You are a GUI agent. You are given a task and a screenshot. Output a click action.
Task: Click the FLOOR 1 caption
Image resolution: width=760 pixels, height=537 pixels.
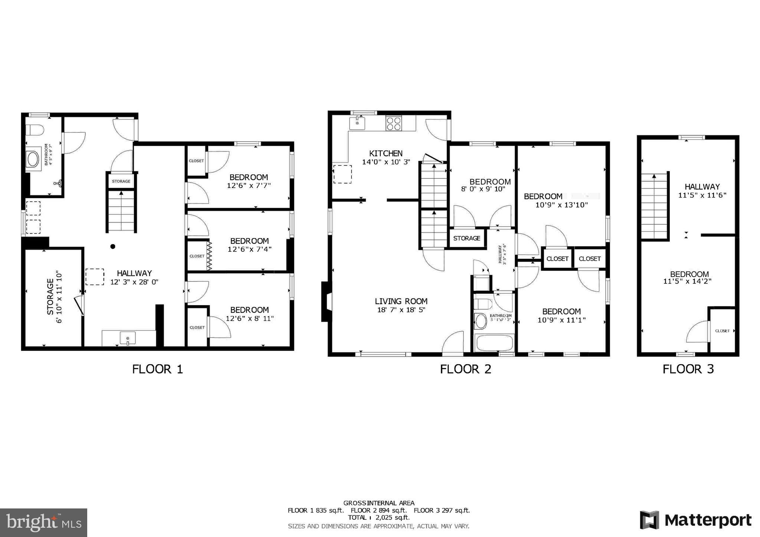tap(157, 369)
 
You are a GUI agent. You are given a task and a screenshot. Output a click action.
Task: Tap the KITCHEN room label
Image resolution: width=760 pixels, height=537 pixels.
tap(386, 154)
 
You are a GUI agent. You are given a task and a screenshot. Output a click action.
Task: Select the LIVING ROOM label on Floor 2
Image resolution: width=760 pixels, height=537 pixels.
tap(401, 302)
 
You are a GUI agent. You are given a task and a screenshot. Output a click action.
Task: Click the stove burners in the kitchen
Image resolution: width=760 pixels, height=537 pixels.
tap(393, 123)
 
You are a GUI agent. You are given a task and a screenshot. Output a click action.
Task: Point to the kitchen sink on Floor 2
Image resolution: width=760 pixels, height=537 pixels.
tap(357, 122)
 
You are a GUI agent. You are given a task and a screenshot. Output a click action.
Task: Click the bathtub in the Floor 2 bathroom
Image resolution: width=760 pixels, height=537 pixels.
tap(494, 343)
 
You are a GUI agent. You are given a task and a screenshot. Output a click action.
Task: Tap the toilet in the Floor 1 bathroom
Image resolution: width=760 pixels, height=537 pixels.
tap(35, 130)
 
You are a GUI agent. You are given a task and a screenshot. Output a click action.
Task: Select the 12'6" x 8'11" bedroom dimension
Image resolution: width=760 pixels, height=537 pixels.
tap(249, 318)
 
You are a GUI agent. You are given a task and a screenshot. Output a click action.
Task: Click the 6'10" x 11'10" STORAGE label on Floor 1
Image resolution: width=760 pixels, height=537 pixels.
tap(54, 297)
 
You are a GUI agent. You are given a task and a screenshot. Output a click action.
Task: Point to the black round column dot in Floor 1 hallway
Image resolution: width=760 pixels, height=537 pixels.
tap(113, 246)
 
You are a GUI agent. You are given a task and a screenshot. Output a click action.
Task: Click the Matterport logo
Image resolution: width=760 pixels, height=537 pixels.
tap(695, 520)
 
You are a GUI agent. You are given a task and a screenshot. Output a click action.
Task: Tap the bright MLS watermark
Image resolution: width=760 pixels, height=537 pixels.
tap(43, 523)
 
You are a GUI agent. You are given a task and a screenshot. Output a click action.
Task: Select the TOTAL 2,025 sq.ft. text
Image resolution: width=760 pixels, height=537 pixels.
tap(379, 517)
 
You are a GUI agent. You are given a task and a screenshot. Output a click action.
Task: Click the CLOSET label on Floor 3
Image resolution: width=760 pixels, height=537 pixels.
tap(722, 331)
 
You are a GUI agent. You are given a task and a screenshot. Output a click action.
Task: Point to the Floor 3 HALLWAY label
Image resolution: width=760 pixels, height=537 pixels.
tap(702, 187)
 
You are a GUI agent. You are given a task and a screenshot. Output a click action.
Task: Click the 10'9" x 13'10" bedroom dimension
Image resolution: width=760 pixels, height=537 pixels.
tap(561, 204)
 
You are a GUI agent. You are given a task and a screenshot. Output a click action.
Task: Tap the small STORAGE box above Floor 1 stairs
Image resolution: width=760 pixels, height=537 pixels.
tap(121, 181)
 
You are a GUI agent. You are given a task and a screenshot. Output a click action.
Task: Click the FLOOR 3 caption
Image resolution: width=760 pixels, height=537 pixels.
tap(688, 369)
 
